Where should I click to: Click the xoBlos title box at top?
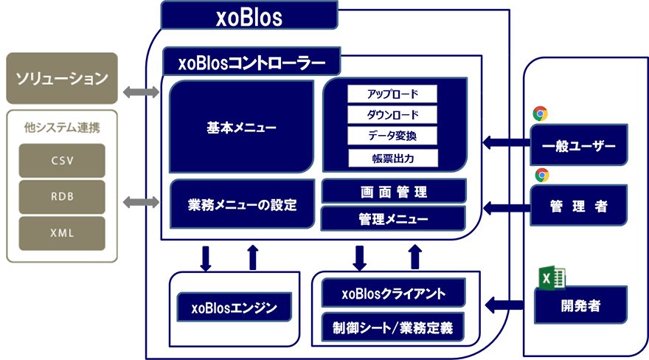249,16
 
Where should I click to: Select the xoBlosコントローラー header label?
251,63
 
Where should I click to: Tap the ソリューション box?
62,78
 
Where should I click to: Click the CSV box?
62,160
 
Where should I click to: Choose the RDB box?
62,196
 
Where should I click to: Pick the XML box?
62,233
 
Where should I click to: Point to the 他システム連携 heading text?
62,127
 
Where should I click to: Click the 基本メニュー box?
241,128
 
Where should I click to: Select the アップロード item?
392,94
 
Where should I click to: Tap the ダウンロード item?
392,115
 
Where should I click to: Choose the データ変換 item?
392,136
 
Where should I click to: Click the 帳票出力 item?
392,158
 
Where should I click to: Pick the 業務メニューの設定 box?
242,204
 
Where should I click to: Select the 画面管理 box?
393,192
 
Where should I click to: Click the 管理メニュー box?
393,219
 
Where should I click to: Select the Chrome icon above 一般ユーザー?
540,114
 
